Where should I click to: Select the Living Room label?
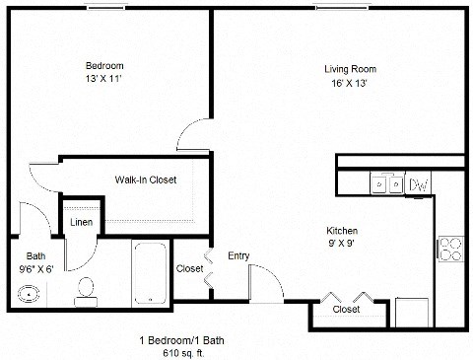point(351,69)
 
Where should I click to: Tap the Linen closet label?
point(82,222)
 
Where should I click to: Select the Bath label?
point(34,253)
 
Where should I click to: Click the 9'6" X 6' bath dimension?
point(35,266)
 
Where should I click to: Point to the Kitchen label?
point(342,231)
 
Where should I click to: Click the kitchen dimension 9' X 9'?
point(342,243)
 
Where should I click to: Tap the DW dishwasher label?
point(418,184)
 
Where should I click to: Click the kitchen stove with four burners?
point(450,249)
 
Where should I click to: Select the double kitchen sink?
point(385,183)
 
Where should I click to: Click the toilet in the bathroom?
point(86,288)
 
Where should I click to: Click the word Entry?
point(239,256)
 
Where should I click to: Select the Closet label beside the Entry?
point(189,268)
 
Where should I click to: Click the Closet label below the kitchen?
point(346,309)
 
